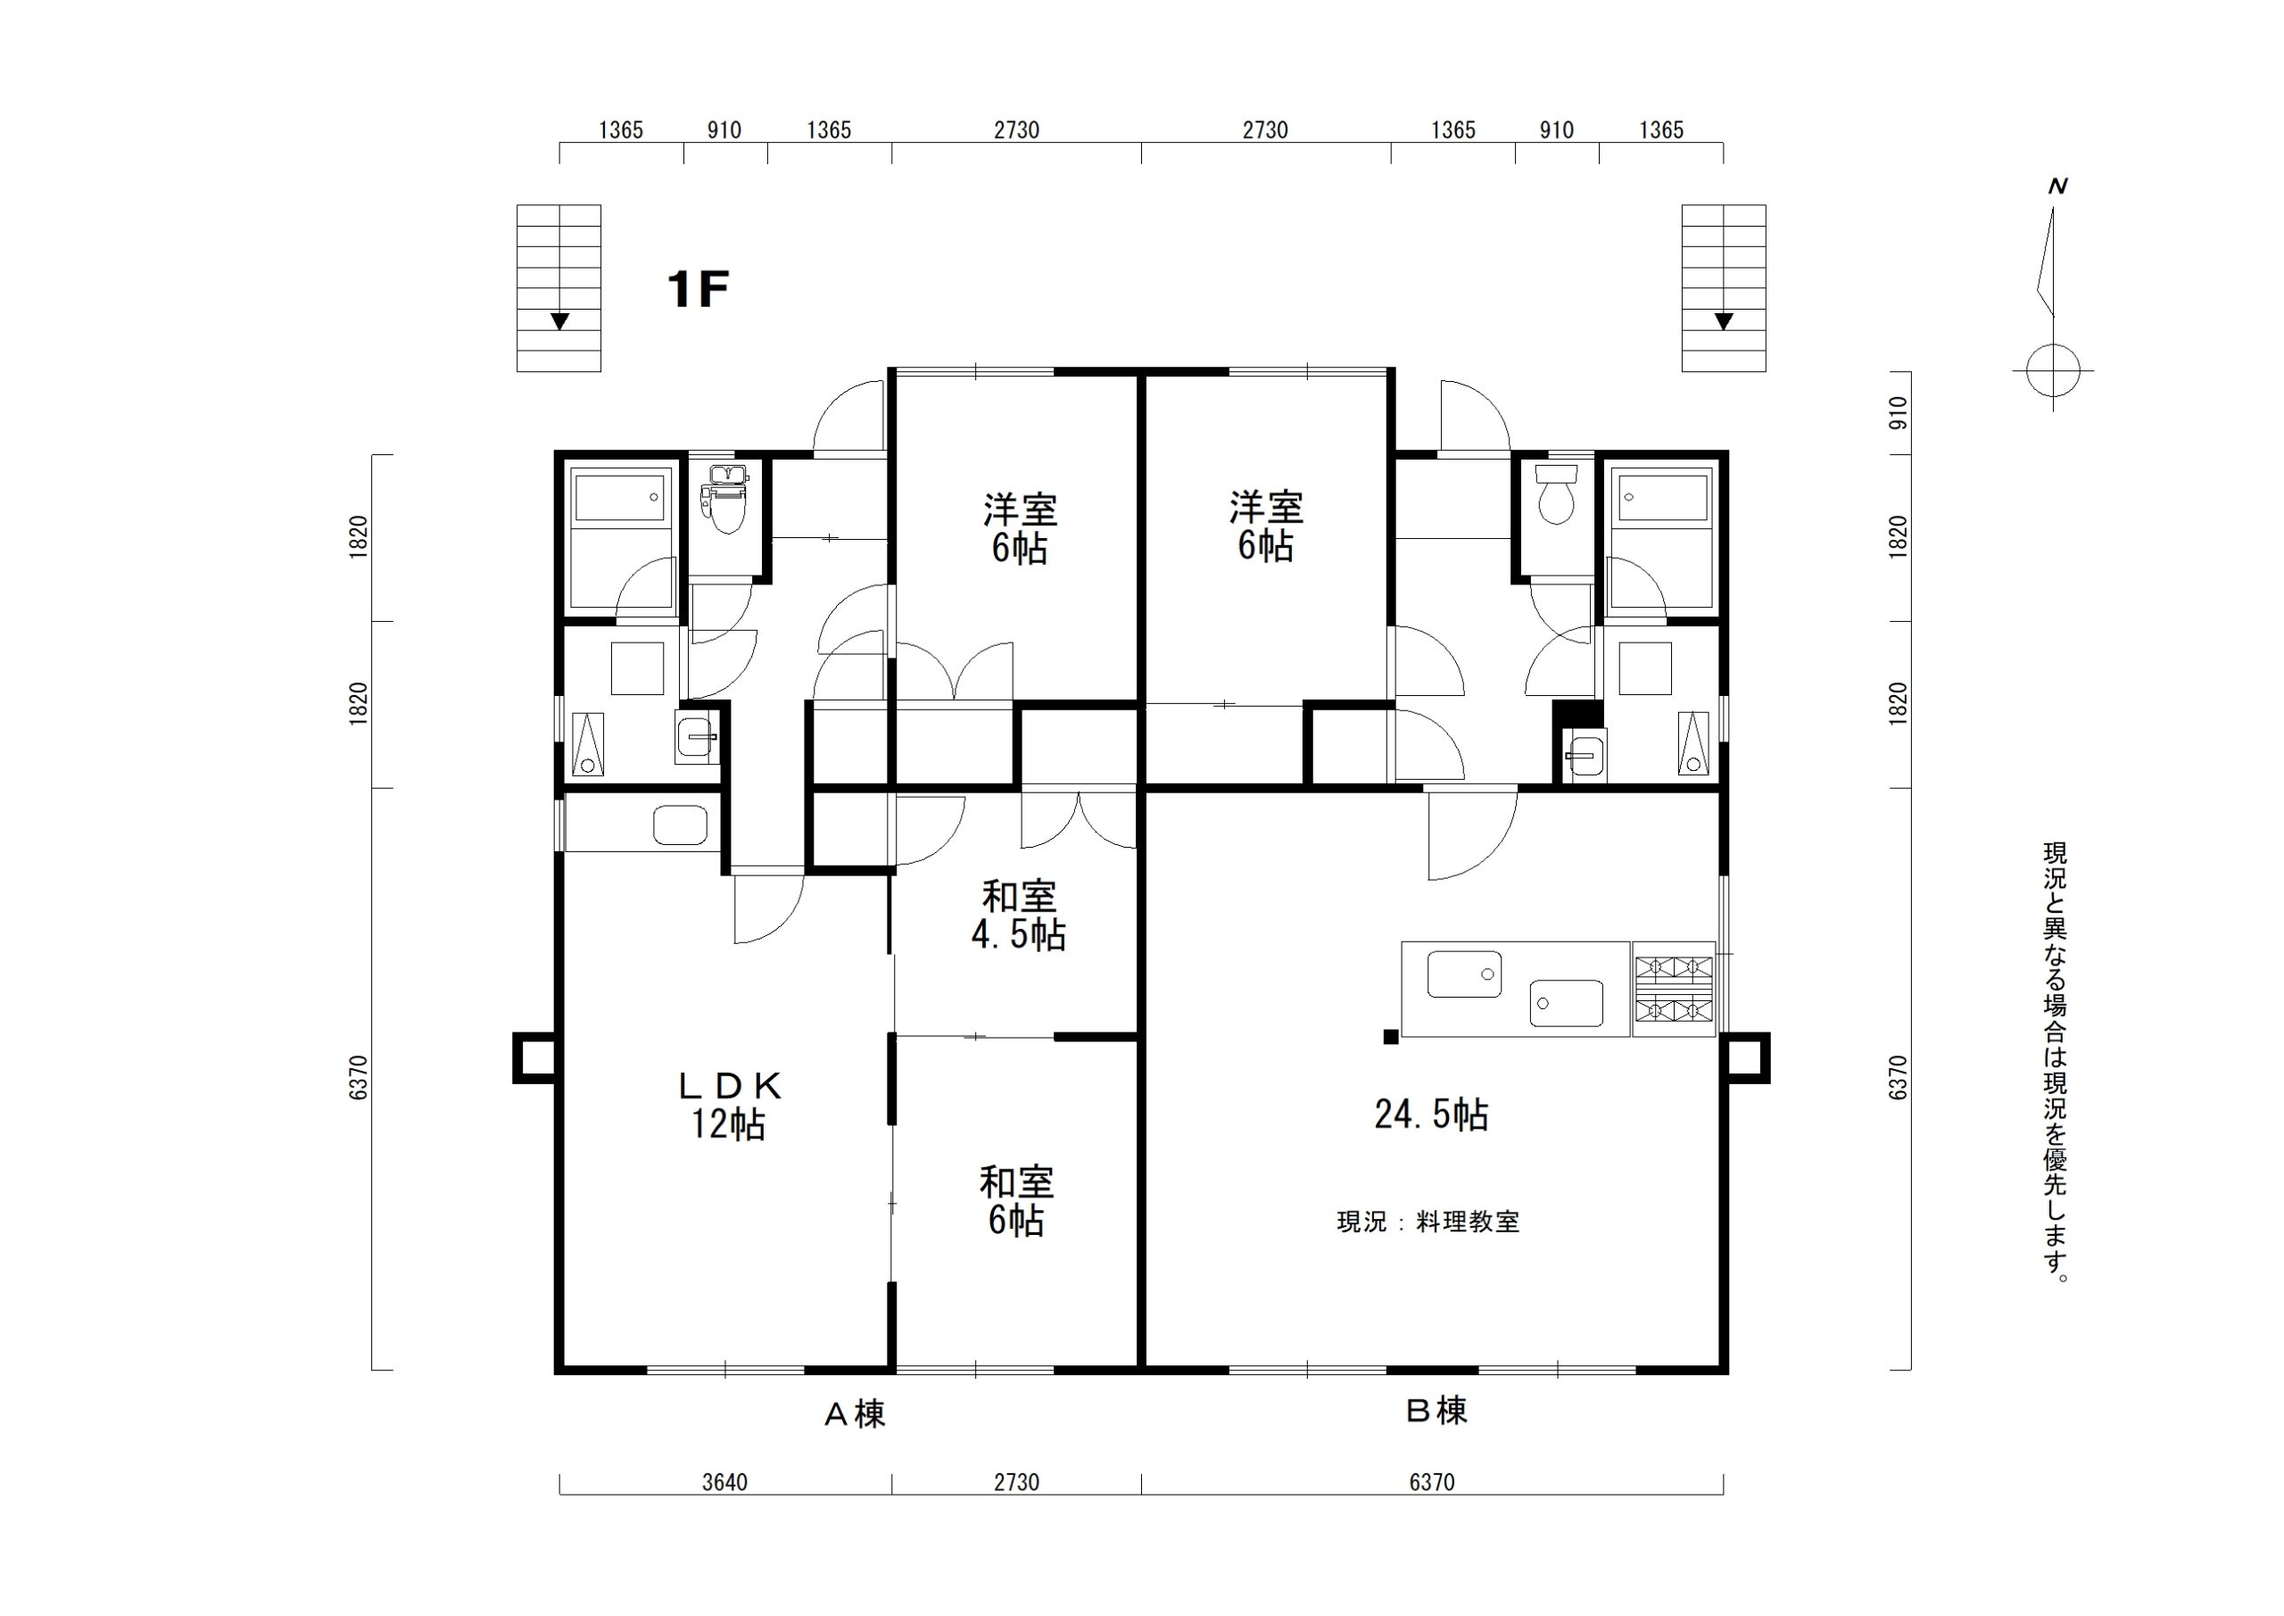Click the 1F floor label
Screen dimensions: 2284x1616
[x=699, y=290]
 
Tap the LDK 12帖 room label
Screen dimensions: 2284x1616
[x=729, y=1105]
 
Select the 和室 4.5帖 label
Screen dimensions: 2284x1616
[x=1019, y=916]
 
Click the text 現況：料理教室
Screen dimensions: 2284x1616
[x=1427, y=1222]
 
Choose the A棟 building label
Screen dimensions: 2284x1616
[x=855, y=1414]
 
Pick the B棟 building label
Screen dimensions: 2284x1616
[x=1436, y=1410]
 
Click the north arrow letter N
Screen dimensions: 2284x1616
[x=2058, y=186]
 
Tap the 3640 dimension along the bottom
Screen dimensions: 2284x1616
[x=724, y=1483]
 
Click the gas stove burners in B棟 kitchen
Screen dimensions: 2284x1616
[x=1675, y=989]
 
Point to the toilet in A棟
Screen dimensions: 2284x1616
[x=724, y=498]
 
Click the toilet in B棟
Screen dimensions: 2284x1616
[x=1556, y=493]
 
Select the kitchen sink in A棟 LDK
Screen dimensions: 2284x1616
[x=681, y=825]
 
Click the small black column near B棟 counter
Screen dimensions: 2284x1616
[x=1391, y=1037]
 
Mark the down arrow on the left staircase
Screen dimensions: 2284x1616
[x=560, y=321]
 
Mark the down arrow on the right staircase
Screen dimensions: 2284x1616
[x=1724, y=321]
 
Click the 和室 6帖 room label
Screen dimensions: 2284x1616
[x=1017, y=1201]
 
